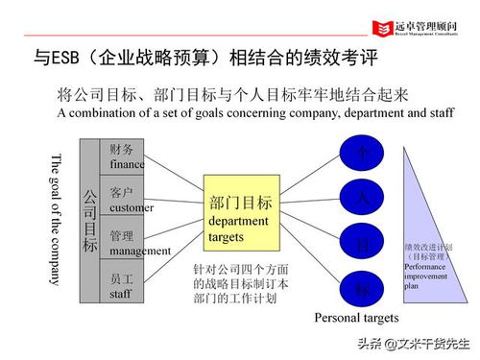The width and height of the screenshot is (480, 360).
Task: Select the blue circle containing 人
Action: [x=362, y=199]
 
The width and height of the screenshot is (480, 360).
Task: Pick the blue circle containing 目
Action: [x=362, y=244]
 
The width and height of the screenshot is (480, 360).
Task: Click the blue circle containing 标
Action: [x=362, y=288]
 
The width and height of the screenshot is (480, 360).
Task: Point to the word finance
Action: [x=128, y=164]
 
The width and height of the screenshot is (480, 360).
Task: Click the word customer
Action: [x=132, y=206]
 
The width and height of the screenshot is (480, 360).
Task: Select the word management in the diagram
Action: [x=140, y=251]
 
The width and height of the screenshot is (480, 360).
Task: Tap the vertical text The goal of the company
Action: [x=55, y=219]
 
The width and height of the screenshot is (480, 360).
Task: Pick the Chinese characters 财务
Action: [x=122, y=149]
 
